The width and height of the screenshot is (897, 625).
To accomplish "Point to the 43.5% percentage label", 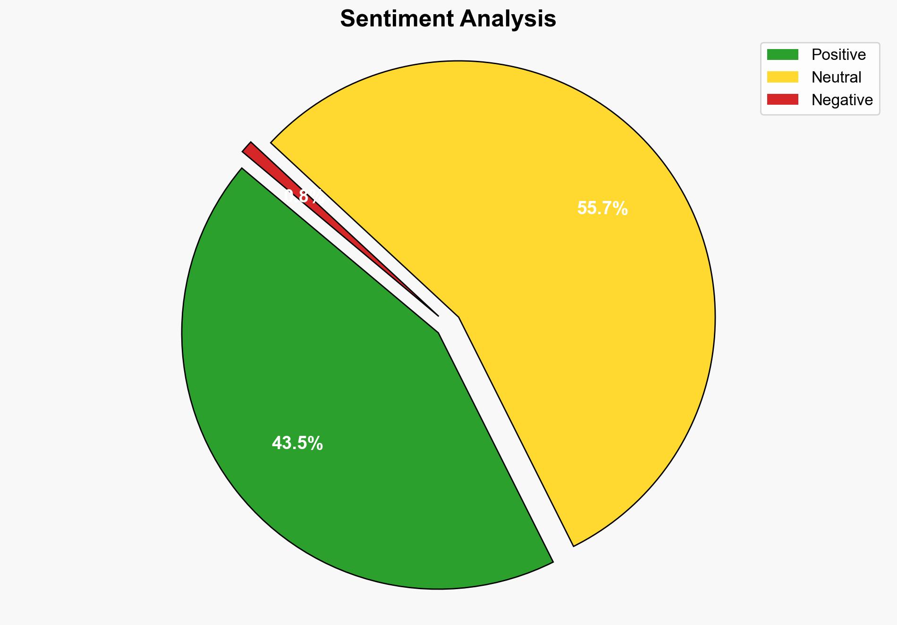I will click(297, 443).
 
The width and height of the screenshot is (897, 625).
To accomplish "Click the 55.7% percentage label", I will click(602, 208).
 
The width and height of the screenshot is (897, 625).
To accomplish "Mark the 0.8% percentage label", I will click(302, 196).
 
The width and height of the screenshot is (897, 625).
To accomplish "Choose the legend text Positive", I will click(838, 55).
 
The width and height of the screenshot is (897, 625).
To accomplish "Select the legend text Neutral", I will click(836, 77).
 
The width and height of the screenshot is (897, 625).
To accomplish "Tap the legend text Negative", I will click(842, 100).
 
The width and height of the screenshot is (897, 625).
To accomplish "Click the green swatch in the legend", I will click(782, 55).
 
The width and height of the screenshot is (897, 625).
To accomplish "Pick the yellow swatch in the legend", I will click(782, 77).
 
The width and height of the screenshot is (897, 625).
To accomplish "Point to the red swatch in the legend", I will click(782, 100).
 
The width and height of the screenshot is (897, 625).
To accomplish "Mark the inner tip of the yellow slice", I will click(458, 317).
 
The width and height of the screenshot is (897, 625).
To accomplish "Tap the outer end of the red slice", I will click(247, 147).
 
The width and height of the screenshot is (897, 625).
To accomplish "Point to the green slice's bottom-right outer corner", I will click(552, 562).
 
